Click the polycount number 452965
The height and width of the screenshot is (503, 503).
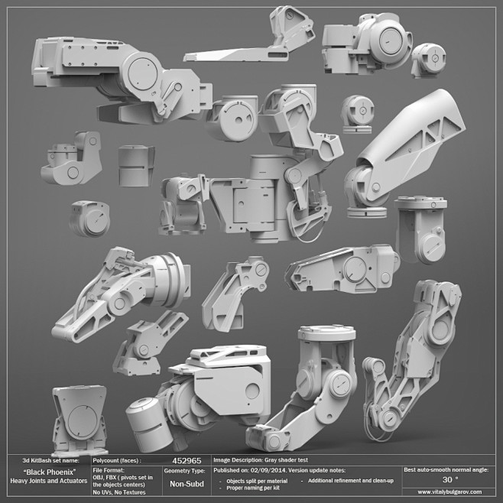tap(187, 461)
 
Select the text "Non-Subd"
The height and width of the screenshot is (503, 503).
tap(187, 484)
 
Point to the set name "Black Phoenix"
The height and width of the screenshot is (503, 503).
tap(50, 472)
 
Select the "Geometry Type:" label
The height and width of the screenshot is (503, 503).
tap(184, 471)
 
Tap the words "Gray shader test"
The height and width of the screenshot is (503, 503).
tap(286, 460)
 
